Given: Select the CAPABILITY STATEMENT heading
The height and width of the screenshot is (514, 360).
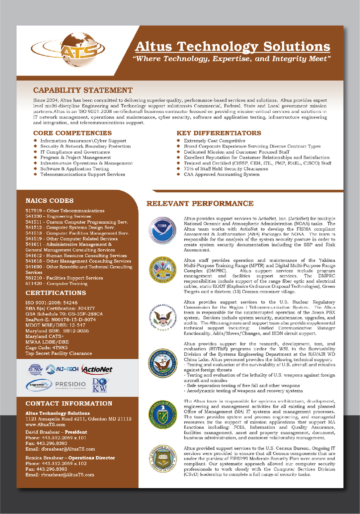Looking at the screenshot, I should point(83,90).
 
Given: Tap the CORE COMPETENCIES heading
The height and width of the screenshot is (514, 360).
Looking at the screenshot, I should point(72,133).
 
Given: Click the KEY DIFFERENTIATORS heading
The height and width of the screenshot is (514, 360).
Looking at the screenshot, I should point(219,133).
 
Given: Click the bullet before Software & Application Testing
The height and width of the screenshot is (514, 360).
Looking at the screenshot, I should point(35,169).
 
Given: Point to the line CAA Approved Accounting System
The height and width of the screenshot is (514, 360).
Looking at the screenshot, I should point(221,175).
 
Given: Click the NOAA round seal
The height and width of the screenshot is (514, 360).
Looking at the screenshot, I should point(162,231).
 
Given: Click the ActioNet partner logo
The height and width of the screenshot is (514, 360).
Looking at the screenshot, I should point(97,369).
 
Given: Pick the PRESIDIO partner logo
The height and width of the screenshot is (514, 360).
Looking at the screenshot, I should point(71,384).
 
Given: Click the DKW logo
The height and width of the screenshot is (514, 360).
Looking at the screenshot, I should point(100,385).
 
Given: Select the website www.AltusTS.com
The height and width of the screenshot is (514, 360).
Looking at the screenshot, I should point(45,425).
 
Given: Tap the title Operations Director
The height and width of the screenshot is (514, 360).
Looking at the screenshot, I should point(91,458).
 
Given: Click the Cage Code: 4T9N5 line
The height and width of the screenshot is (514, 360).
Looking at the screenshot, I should point(47,348).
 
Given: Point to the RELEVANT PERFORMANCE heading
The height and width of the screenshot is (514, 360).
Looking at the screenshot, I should point(200,204).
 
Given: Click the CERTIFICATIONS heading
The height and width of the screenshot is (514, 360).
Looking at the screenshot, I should point(56,293).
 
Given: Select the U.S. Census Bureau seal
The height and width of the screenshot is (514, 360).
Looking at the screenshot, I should point(162,459).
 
